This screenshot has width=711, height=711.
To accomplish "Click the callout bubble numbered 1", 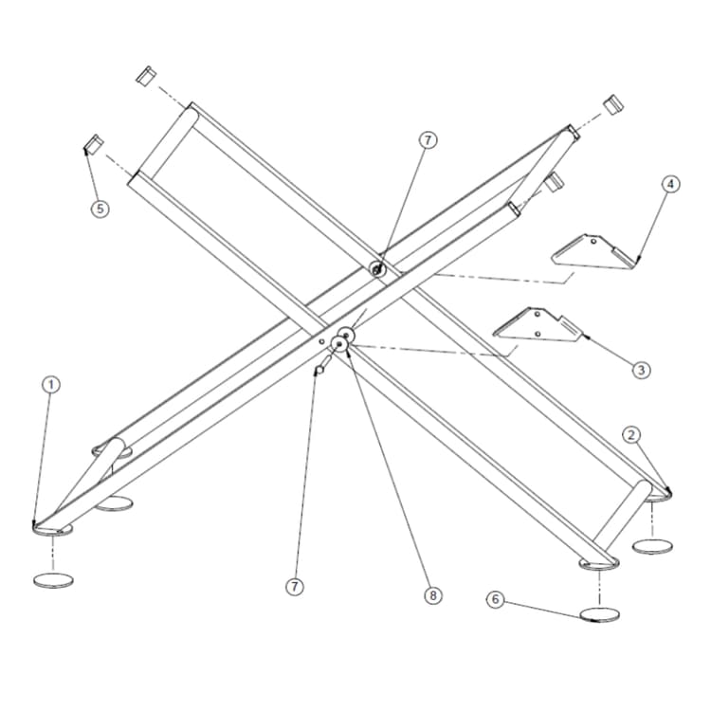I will point(51,384).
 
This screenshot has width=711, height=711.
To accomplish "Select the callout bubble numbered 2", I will point(633,435).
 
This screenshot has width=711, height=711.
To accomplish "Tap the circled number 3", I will point(642,370).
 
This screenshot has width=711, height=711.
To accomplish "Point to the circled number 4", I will point(669,184).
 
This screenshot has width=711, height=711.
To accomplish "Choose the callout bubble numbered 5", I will point(100,209).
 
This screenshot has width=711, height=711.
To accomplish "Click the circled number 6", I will point(494,599).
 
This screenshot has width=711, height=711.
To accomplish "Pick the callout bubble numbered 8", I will point(432,595).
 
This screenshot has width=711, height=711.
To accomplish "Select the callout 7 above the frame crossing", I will point(428,140).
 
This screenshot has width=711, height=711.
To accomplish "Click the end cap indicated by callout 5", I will point(93,145).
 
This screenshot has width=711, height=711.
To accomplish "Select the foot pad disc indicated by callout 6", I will point(599,614).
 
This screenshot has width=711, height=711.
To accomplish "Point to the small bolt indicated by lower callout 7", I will point(319,368).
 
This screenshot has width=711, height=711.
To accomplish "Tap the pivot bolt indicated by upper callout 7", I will point(377,270).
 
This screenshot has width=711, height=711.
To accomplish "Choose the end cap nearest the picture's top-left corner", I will point(145,76).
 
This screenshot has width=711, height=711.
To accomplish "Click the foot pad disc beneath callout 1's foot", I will point(53,579).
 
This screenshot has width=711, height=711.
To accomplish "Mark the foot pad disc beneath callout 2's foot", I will point(653,546).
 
